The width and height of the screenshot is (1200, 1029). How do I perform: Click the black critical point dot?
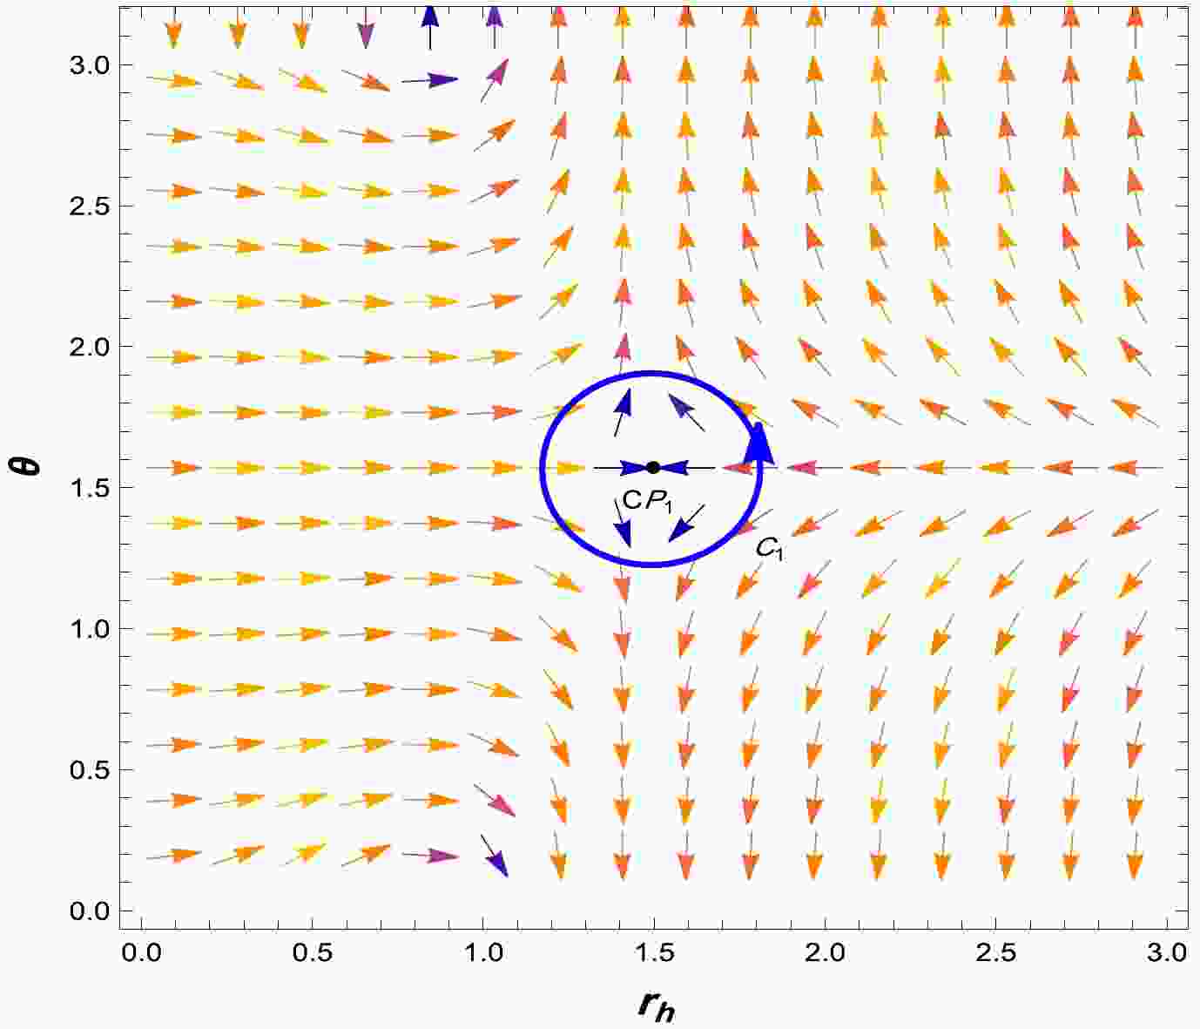coord(653,468)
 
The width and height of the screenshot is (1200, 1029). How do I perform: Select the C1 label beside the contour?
coord(769,548)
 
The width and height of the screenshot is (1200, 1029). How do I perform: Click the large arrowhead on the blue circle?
coord(761,440)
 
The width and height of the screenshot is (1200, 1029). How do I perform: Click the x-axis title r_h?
coord(656,1005)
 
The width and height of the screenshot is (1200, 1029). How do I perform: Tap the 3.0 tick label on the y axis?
coord(89,65)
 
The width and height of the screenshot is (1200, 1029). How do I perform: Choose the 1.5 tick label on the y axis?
coord(89,488)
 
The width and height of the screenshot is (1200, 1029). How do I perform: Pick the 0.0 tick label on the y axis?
coord(89,911)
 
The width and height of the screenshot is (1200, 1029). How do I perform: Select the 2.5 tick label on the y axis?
coord(89,206)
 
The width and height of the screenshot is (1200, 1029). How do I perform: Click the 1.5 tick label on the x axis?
coord(654,952)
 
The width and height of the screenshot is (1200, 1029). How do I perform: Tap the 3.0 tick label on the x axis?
coord(1167,952)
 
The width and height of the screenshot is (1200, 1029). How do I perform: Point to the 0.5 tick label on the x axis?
coord(312,952)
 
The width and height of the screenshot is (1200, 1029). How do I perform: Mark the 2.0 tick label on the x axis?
coord(826,952)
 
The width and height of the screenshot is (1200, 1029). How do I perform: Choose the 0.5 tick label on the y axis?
coord(89,770)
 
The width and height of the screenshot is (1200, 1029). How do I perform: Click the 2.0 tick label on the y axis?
coord(89,348)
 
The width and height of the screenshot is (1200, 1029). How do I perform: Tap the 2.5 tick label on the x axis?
coord(996,952)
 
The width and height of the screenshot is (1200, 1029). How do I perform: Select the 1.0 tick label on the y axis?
coord(89,629)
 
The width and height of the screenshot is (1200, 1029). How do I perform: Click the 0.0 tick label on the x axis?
coord(141,952)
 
